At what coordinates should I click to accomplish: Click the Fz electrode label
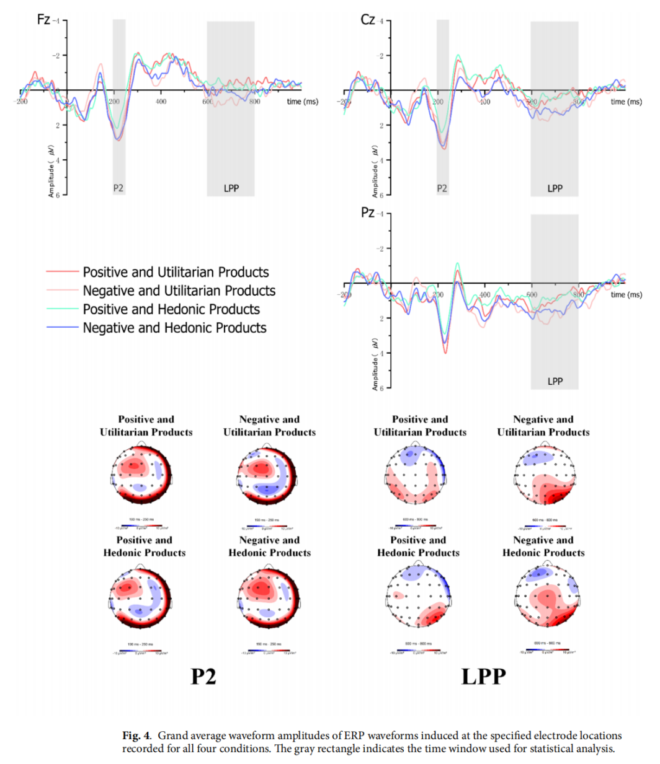pyautogui.click(x=43, y=19)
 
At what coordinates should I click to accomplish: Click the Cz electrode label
pyautogui.click(x=367, y=20)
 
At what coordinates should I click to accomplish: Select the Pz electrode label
pyautogui.click(x=367, y=213)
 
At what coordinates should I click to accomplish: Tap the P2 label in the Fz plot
pyautogui.click(x=118, y=188)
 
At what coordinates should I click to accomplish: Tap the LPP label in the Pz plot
pyautogui.click(x=555, y=381)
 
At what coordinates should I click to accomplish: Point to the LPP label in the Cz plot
pyautogui.click(x=555, y=188)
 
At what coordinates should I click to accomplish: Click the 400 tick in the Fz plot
pyautogui.click(x=161, y=102)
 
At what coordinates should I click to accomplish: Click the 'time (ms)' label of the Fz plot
pyautogui.click(x=302, y=102)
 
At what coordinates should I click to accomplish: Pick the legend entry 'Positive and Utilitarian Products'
pyautogui.click(x=176, y=272)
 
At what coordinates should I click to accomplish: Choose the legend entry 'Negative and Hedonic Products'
pyautogui.click(x=174, y=328)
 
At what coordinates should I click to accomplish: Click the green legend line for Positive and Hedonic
pyautogui.click(x=62, y=309)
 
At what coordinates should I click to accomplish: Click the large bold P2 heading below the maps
pyautogui.click(x=203, y=676)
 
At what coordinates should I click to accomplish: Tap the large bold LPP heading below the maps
pyautogui.click(x=483, y=676)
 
